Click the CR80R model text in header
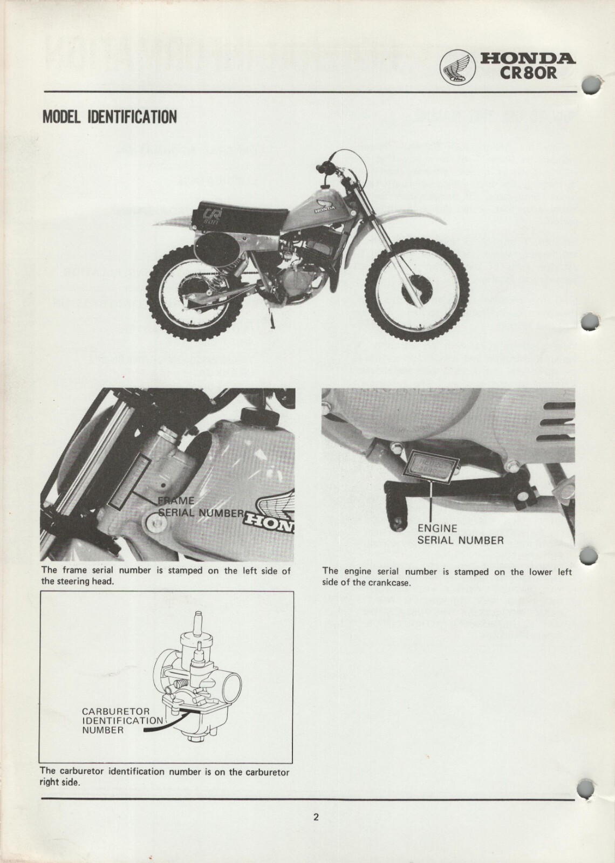(528, 72)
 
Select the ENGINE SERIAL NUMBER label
(460, 534)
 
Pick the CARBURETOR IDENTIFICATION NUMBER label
(121, 721)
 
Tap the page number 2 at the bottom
(316, 817)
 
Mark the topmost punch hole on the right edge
(592, 85)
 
